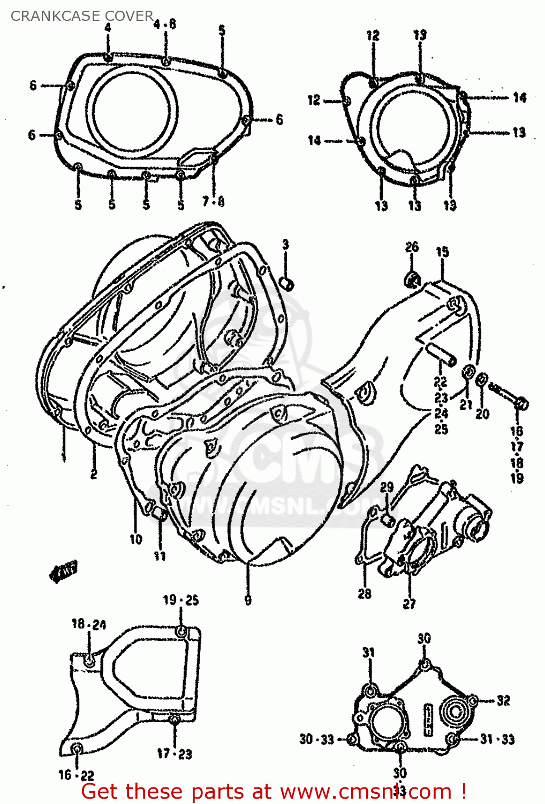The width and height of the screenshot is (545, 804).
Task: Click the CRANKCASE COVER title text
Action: coord(82,16)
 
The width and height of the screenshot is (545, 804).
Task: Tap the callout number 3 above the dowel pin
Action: coord(285,244)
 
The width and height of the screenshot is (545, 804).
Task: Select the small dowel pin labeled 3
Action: coord(287,282)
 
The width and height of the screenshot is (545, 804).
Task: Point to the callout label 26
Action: coord(412,247)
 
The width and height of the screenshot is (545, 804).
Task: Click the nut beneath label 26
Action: coord(412,279)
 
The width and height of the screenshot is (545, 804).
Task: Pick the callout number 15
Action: coord(442,252)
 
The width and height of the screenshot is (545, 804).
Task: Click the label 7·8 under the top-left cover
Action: coord(213,202)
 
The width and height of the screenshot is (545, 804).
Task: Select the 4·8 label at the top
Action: coord(165,24)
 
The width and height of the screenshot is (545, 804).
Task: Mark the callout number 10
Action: coord(136,539)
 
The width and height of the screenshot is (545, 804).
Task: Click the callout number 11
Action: coord(160,556)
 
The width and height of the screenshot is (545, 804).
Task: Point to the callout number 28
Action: coord(365,593)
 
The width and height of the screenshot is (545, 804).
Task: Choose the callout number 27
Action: coord(410,604)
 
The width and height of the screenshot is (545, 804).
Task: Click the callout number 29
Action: coord(387,487)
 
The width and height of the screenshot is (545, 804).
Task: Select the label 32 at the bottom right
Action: coord(503,700)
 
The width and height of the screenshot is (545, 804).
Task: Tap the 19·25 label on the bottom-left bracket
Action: coord(181,600)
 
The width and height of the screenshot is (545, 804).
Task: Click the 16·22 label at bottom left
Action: coord(76,775)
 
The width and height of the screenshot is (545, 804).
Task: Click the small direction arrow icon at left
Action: coord(63,571)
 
